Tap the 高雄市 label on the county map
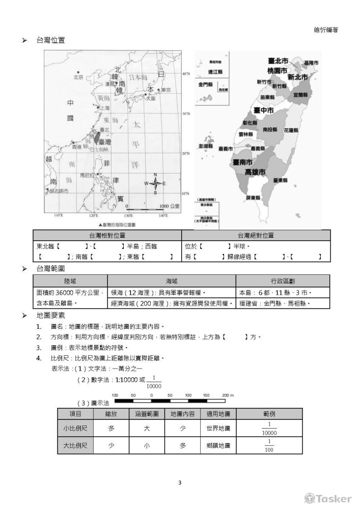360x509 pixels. tap(255, 172)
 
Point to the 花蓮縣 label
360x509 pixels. tap(290, 130)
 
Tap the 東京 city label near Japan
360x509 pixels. tap(166, 90)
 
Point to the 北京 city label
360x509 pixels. tap(78, 77)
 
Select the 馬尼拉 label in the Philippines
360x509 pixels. tap(87, 175)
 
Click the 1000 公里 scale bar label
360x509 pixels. tap(170, 206)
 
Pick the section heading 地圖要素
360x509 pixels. tap(50, 316)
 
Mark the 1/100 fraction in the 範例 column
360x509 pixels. tap(269, 445)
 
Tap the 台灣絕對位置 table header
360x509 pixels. tap(256, 235)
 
